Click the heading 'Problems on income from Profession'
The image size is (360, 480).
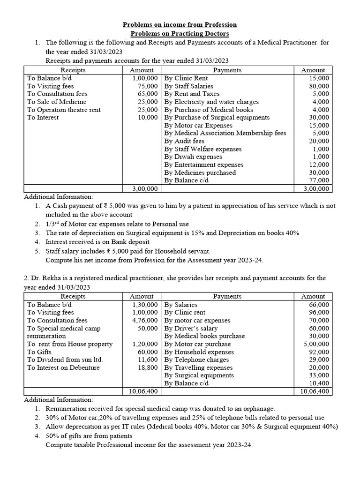(x=180, y=24)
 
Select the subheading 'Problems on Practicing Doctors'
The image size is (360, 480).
(x=180, y=33)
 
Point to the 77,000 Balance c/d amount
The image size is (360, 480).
(x=319, y=180)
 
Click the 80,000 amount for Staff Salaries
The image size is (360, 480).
(x=319, y=86)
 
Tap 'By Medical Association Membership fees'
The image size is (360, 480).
(x=225, y=133)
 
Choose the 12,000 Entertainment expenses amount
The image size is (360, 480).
(x=319, y=165)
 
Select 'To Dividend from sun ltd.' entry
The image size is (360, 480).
(x=65, y=360)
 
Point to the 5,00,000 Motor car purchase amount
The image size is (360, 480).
(x=316, y=344)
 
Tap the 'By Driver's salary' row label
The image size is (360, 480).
(x=193, y=328)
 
